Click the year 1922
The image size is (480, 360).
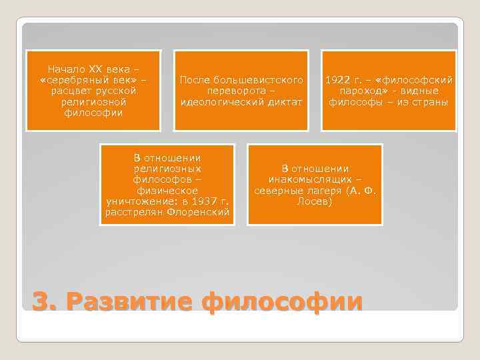click(x=337, y=80)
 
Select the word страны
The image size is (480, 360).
click(x=430, y=102)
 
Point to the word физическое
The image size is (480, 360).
click(x=167, y=190)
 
